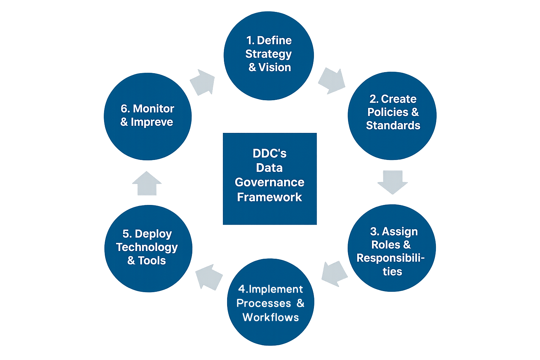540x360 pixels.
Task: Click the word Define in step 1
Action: (274, 40)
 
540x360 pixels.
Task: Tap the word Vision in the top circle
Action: (275, 67)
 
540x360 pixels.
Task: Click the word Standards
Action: (393, 126)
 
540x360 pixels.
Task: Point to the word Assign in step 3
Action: (400, 231)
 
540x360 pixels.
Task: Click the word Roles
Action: (386, 245)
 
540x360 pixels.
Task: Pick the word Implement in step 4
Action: (276, 289)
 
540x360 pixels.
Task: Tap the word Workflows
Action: (271, 317)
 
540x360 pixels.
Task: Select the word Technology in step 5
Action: (147, 247)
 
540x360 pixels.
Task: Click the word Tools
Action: (152, 261)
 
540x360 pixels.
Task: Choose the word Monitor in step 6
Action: (153, 109)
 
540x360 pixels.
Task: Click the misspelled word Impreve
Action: (152, 122)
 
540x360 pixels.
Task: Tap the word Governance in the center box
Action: (270, 182)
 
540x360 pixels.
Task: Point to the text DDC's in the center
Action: (270, 153)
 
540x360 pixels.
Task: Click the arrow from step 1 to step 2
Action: (332, 81)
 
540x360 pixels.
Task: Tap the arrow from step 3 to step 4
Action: (334, 273)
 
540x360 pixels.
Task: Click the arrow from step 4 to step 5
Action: (209, 276)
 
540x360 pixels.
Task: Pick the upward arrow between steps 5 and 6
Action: (147, 183)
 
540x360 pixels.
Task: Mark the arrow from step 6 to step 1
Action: (203, 82)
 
